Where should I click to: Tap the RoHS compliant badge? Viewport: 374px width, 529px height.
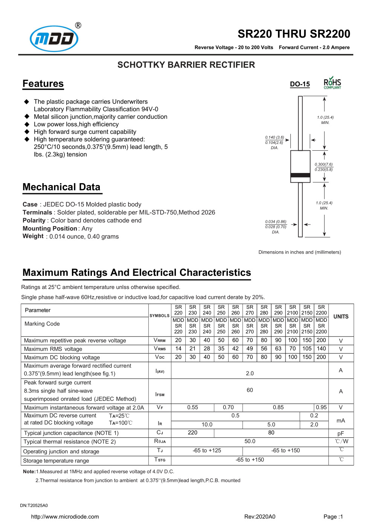pyautogui.click(x=332, y=83)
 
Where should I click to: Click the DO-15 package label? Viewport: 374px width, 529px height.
pyautogui.click(x=300, y=84)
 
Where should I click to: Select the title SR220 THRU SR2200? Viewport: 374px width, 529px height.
pyautogui.click(x=294, y=34)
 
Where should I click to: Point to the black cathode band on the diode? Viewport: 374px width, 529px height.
pyautogui.click(x=300, y=175)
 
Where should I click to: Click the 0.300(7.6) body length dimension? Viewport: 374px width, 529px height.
pyautogui.click(x=324, y=164)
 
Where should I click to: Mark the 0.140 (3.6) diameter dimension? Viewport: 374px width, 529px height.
pyautogui.click(x=275, y=138)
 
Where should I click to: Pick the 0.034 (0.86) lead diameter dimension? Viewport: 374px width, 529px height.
pyautogui.click(x=276, y=222)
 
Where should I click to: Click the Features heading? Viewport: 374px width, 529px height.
pyautogui.click(x=43, y=84)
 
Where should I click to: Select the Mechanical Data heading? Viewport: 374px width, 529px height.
pyautogui.click(x=61, y=187)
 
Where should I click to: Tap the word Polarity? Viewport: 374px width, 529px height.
pyautogui.click(x=34, y=220)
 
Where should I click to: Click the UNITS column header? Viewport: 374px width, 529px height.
pyautogui.click(x=341, y=316)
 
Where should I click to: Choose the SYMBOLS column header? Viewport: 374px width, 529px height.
pyautogui.click(x=160, y=316)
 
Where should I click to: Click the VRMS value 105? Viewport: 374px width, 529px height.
pyautogui.click(x=307, y=349)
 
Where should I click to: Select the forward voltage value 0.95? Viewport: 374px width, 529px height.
pyautogui.click(x=321, y=407)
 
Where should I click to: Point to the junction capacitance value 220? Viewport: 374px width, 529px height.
pyautogui.click(x=192, y=433)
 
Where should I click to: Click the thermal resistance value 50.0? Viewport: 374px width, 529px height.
pyautogui.click(x=250, y=441)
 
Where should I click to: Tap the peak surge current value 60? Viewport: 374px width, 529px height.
pyautogui.click(x=250, y=390)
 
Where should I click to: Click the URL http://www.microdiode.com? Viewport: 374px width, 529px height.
pyautogui.click(x=65, y=517)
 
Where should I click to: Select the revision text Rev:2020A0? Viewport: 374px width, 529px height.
pyautogui.click(x=260, y=517)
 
